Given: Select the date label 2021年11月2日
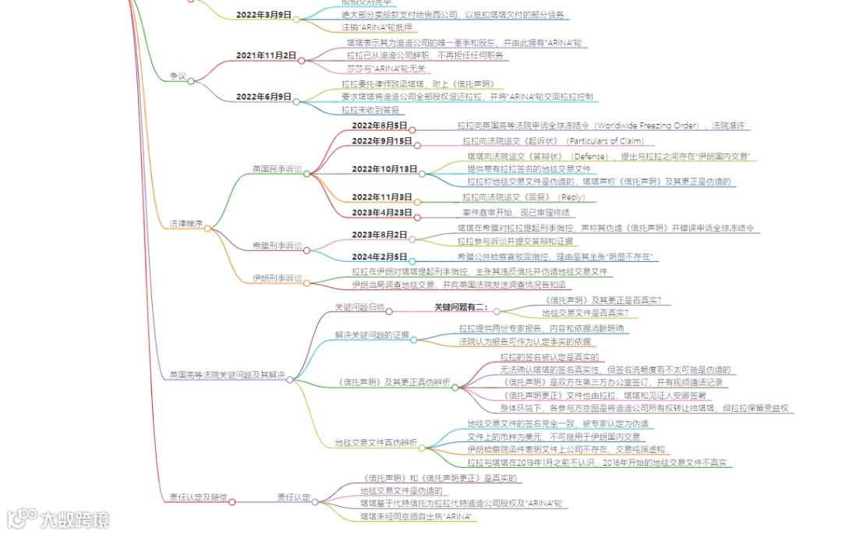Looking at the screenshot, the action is click(x=266, y=55).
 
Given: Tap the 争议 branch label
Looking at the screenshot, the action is click(x=178, y=76).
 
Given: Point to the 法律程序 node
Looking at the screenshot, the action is click(x=186, y=224).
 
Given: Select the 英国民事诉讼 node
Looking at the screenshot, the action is click(x=277, y=168).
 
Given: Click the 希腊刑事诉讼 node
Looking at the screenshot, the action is click(x=277, y=245).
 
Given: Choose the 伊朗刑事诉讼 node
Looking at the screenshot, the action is click(x=277, y=278).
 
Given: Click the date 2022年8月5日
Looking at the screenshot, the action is click(x=380, y=125).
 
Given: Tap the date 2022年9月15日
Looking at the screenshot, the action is click(x=382, y=141).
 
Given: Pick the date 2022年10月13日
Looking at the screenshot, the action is click(x=384, y=168).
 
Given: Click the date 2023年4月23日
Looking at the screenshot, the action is click(x=382, y=212).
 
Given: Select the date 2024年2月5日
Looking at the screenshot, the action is click(x=380, y=257).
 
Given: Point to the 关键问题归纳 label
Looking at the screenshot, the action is click(x=359, y=307).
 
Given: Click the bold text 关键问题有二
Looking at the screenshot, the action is click(x=461, y=307).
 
